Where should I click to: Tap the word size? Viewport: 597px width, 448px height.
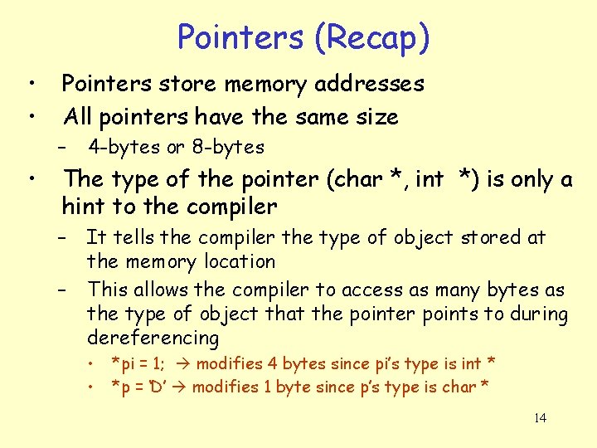click(x=377, y=116)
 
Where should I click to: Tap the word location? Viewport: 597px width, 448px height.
click(x=235, y=262)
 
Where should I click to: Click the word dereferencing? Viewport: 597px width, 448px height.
click(x=153, y=338)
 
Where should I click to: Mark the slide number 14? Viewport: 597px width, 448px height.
click(x=540, y=417)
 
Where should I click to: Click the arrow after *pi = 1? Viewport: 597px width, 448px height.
click(x=182, y=363)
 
